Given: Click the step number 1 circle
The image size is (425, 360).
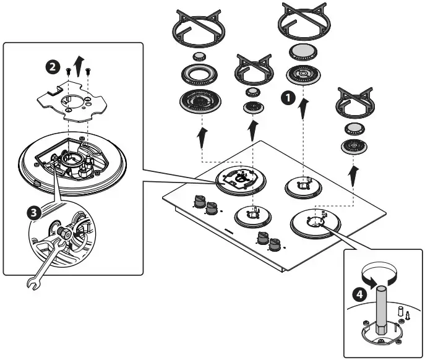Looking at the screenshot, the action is (288, 98).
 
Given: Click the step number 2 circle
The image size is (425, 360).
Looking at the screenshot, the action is (53, 66).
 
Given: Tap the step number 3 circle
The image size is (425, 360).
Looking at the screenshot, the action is (34, 213).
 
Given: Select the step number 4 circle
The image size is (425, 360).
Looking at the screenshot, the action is (359, 294).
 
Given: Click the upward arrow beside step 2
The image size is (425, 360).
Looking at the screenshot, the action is (79, 66).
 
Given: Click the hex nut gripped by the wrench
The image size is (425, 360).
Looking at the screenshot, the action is (64, 233).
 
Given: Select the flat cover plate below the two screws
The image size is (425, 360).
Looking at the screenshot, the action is (72, 101).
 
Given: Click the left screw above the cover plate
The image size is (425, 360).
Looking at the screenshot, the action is (68, 72).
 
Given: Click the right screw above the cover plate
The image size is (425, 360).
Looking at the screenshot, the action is (88, 72).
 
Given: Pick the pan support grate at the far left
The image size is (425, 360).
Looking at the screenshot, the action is (199, 29).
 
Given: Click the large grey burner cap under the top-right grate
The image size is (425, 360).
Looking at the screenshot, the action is (303, 51).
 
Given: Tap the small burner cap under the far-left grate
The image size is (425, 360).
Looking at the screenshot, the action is (199, 56).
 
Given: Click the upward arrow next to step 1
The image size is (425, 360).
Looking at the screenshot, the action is (304, 109).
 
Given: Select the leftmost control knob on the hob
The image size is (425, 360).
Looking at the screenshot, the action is (199, 201).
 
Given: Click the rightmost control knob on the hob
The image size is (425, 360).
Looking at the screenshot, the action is (275, 244).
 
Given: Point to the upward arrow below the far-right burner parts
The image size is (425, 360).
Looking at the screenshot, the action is (353, 176).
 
